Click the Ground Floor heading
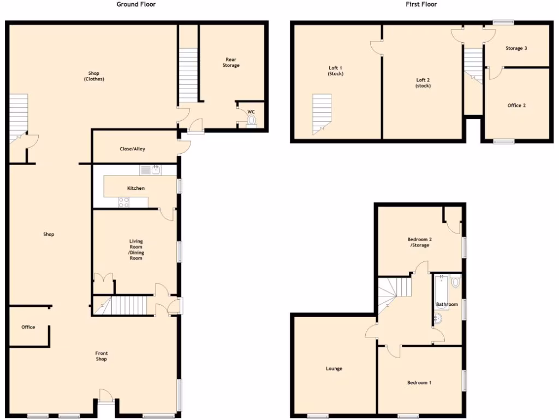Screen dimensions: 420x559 [x=136, y=4]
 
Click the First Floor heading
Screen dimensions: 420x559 [x=421, y=4]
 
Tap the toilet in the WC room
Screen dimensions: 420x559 [x=251, y=120]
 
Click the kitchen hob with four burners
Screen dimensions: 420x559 [x=124, y=202]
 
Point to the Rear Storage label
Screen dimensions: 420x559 [x=230, y=62]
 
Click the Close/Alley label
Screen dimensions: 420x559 [x=132, y=149]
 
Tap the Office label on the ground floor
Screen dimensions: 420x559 [x=28, y=327]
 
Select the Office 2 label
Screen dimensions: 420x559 [x=516, y=106]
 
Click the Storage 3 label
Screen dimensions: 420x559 [x=516, y=48]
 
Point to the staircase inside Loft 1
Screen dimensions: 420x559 [x=322, y=113]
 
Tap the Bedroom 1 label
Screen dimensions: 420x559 [x=419, y=383]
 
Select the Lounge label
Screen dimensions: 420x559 [x=334, y=369]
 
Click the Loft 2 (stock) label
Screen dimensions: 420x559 [x=423, y=83]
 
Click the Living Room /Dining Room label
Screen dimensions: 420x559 [x=136, y=249]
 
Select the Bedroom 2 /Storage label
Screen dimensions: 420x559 [x=419, y=242]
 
